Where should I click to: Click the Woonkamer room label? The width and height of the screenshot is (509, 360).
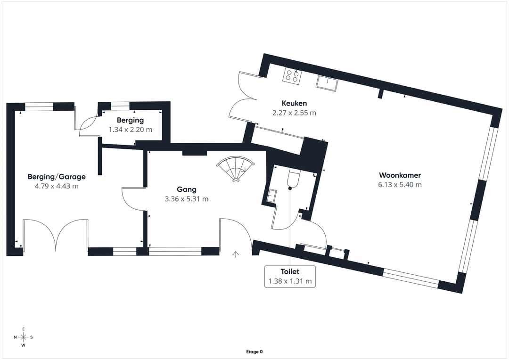pos(399,175)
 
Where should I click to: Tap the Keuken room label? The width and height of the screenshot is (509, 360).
pos(294,103)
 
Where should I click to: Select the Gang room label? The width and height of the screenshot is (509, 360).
pos(187,189)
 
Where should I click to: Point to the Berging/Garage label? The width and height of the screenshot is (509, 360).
pos(57,177)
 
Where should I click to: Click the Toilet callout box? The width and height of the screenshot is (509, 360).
pos(290,276)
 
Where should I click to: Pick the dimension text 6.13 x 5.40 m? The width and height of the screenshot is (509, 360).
pos(400,185)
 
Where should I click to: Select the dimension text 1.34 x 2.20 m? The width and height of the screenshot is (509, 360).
pos(131,129)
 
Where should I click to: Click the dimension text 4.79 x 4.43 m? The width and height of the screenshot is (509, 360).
pos(57,186)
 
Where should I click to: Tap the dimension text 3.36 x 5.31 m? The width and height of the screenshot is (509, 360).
pos(187,199)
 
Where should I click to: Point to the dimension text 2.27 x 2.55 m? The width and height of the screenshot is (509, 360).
pos(294,113)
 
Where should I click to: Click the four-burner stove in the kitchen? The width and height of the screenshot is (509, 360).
pos(292,76)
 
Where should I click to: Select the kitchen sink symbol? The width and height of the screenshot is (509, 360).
pos(327,82)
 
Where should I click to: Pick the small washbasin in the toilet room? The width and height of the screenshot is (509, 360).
pos(271,196)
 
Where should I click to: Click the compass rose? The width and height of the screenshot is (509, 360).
pos(23,337)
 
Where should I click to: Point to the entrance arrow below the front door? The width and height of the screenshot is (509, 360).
pos(236,255)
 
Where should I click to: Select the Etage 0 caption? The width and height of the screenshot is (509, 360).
pos(254,352)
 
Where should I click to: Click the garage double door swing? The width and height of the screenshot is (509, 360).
pos(56,233)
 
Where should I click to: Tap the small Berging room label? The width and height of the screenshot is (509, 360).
pos(130,121)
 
